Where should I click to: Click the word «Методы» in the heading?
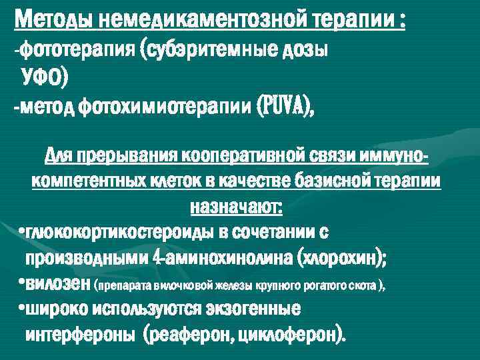tap(53, 20)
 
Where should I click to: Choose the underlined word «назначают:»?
tap(237, 207)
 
